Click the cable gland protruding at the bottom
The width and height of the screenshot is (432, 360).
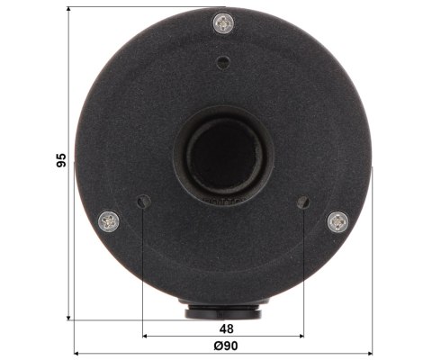(x=222, y=311)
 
